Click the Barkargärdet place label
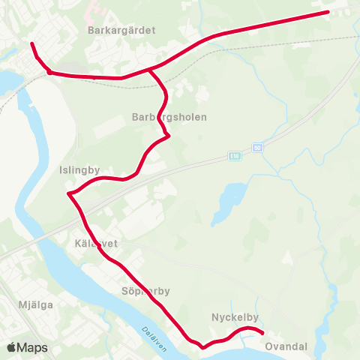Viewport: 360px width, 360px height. (121, 31)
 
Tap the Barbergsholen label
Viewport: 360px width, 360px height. (169, 118)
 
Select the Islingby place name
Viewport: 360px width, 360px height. (79, 170)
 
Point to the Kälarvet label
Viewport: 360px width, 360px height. (93, 244)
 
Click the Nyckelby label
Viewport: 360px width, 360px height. (235, 317)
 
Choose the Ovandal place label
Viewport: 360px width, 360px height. (286, 346)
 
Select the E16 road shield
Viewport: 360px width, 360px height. (235, 156)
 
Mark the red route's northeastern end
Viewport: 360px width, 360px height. (327, 12)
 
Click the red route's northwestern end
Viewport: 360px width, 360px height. (32, 44)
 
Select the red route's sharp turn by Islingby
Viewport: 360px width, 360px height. (69, 194)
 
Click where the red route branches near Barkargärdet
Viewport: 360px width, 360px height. (151, 70)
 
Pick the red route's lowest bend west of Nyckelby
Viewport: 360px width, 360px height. (202, 346)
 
